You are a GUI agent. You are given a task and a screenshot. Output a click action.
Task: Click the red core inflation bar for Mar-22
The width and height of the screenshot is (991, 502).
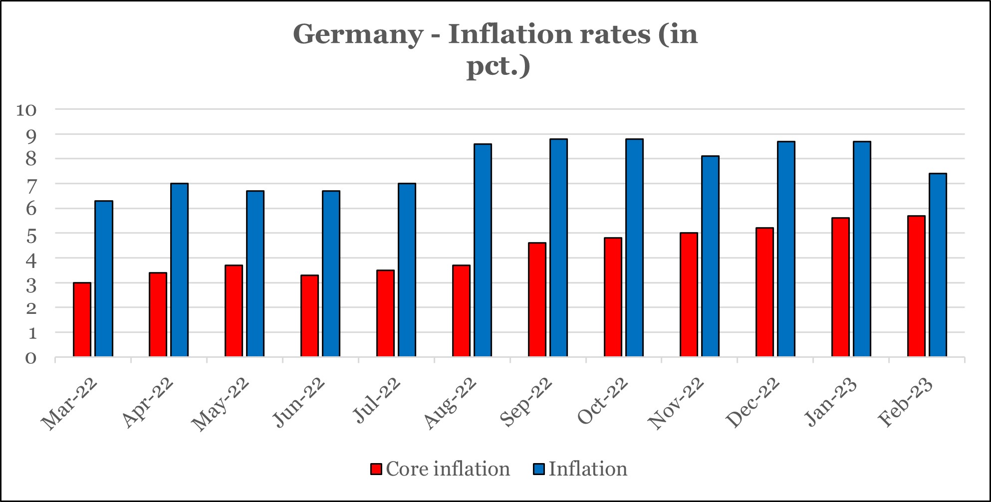coord(82,319)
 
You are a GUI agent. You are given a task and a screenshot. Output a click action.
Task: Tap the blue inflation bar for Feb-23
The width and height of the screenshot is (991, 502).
coord(938,265)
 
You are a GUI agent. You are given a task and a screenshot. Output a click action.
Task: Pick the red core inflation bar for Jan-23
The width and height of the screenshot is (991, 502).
coord(840,287)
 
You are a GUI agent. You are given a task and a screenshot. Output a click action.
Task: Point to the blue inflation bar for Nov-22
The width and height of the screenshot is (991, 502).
coord(710,256)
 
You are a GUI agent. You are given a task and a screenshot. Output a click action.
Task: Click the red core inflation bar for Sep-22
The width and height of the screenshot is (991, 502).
coord(537,299)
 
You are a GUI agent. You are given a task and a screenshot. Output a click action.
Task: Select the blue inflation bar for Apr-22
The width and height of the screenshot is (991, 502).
coord(179,270)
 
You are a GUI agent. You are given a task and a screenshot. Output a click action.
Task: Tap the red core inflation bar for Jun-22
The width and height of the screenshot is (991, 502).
coord(309,316)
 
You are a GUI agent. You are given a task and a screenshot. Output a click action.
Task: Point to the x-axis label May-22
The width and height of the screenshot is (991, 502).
coord(221,404)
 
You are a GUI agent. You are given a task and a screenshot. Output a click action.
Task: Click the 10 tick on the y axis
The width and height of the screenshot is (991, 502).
coord(26,110)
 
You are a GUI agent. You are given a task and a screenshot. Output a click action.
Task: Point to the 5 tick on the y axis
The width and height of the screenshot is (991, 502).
coord(31,234)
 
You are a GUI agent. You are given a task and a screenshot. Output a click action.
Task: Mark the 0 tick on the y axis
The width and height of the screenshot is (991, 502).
coord(31,358)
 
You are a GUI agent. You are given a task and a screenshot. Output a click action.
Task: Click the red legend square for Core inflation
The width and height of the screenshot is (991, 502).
coord(376,469)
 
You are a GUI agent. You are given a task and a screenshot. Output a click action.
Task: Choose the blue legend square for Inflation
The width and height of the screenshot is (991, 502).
coord(539,469)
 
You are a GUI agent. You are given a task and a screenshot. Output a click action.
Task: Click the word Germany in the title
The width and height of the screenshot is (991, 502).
coord(357,34)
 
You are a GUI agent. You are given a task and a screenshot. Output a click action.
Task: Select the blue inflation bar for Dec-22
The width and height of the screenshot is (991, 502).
coord(786,249)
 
